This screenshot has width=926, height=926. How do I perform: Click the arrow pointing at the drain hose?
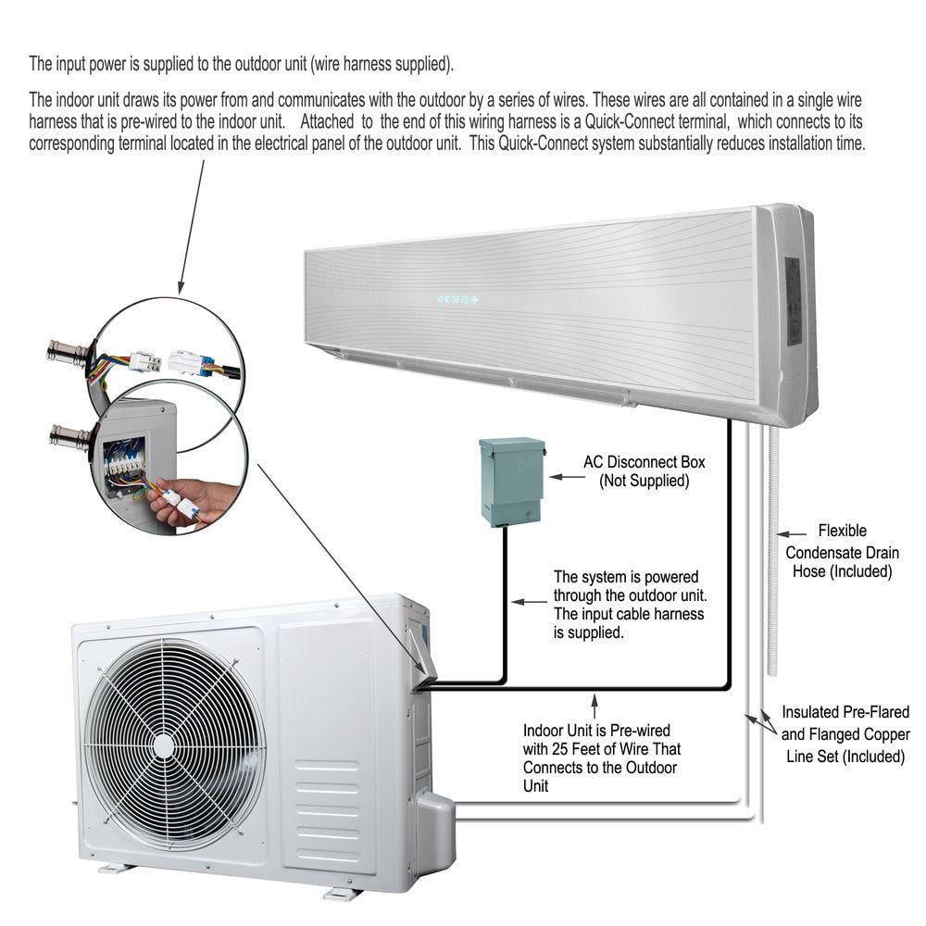click(x=791, y=532)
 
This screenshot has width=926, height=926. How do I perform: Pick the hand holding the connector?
click(x=190, y=499)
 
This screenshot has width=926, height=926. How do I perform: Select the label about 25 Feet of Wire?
click(x=602, y=757)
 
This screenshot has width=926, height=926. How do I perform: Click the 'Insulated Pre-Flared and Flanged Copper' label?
click(x=845, y=733)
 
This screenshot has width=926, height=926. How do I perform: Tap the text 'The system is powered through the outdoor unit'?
click(x=629, y=604)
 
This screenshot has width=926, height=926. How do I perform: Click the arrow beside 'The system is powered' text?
click(x=530, y=601)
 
